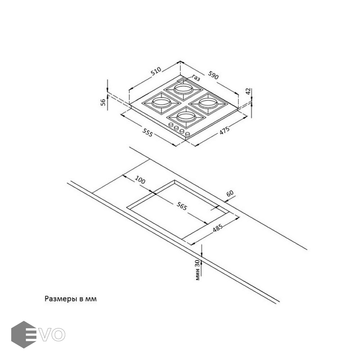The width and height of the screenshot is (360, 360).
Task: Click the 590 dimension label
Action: pyautogui.click(x=213, y=75)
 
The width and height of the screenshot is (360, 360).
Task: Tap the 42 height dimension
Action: pyautogui.click(x=248, y=91)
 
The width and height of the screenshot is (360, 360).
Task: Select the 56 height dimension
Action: pyautogui.click(x=103, y=102)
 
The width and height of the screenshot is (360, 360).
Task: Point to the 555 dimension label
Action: pyautogui.click(x=148, y=132)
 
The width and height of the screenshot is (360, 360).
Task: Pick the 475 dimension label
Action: pyautogui.click(x=224, y=131)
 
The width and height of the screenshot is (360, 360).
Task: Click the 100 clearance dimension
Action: pyautogui.click(x=140, y=180)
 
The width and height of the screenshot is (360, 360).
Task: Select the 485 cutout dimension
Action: pyautogui.click(x=217, y=228)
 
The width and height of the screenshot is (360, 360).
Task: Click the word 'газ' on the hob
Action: pyautogui.click(x=196, y=78)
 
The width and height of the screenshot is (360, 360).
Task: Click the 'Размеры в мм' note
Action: pyautogui.click(x=70, y=299)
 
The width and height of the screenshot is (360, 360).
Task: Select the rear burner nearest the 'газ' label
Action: pyautogui.click(x=182, y=89)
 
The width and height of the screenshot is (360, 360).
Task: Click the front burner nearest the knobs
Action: pyautogui.click(x=186, y=118)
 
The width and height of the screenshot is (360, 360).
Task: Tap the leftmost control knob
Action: pyautogui.click(x=171, y=125)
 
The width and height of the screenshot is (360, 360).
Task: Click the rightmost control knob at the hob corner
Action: pyautogui.click(x=188, y=134)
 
